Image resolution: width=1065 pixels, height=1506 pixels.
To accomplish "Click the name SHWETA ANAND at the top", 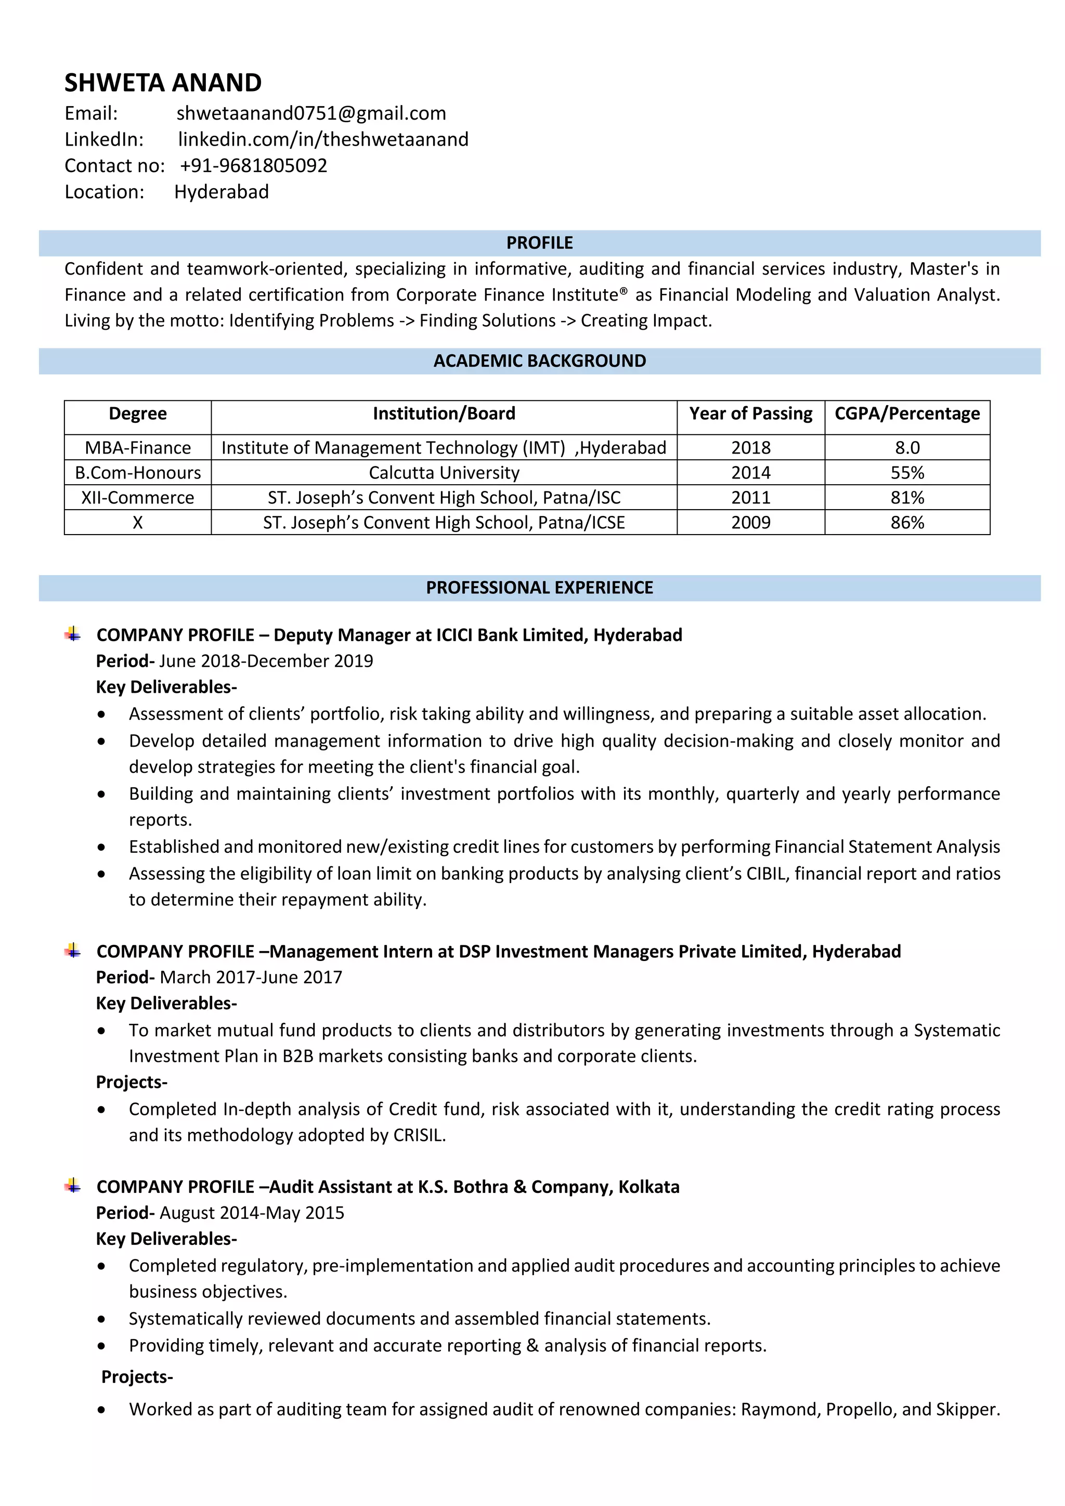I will tap(163, 83).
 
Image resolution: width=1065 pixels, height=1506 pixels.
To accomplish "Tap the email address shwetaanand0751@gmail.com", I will tap(311, 113).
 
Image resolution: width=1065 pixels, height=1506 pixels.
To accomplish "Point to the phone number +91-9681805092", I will tap(253, 165).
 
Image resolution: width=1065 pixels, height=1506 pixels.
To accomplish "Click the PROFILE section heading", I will tap(539, 243).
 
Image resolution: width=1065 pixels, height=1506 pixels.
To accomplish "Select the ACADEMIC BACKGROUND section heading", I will tap(539, 361).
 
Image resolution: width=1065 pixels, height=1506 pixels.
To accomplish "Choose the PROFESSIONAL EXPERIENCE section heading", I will tap(539, 587).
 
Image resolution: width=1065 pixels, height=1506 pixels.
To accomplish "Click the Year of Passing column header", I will tap(750, 413).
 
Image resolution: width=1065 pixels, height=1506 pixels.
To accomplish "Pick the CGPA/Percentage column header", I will tap(906, 413).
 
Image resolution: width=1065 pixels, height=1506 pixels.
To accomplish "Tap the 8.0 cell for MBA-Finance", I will tap(907, 447).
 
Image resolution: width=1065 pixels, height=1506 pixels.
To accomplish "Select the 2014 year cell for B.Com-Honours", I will tap(750, 472).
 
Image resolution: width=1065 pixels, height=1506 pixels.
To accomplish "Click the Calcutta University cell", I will tap(444, 472).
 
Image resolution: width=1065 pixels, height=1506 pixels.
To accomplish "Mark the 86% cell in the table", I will tap(907, 522).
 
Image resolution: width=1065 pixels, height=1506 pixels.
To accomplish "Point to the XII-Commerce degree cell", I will tap(138, 497).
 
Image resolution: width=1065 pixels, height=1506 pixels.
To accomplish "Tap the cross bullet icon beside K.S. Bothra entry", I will tap(73, 1185).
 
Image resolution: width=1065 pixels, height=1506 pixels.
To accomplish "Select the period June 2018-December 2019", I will tap(266, 660).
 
